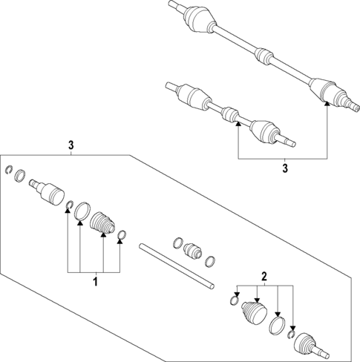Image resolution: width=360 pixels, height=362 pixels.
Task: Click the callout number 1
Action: pos(94,282)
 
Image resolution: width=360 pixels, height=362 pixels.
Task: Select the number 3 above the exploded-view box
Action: pos(71,145)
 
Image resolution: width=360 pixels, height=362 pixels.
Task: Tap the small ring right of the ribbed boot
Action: pos(122,237)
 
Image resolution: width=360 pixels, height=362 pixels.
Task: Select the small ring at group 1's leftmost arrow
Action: pos(68,205)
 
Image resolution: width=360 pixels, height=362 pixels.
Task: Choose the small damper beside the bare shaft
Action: pos(193,249)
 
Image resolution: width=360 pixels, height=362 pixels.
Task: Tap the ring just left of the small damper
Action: pos(177,242)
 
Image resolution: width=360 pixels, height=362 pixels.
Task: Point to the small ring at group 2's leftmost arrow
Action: pos(235,300)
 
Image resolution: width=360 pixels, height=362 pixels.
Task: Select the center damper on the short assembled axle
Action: pos(231,116)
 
